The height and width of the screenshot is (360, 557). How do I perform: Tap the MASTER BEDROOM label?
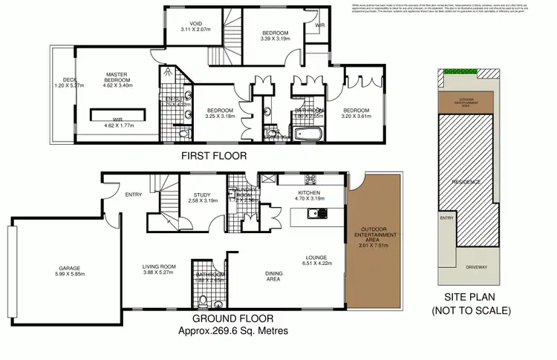pyautogui.click(x=120, y=77)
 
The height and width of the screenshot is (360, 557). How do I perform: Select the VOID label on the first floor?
pyautogui.click(x=196, y=23)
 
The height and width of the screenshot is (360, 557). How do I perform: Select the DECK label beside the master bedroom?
pyautogui.click(x=71, y=79)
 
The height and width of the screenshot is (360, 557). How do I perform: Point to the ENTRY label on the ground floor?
pyautogui.click(x=134, y=195)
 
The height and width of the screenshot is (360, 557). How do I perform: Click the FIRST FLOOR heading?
pyautogui.click(x=215, y=157)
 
